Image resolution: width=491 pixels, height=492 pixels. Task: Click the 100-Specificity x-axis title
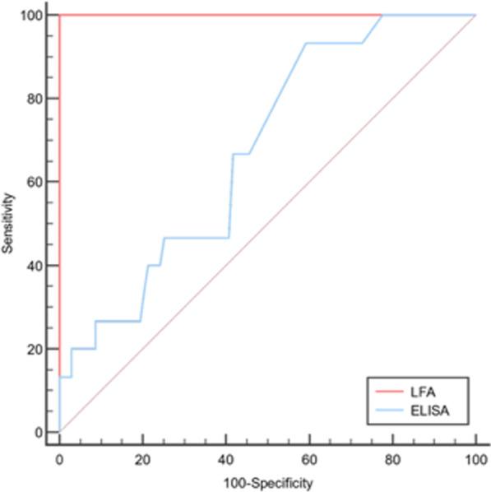[x=267, y=482]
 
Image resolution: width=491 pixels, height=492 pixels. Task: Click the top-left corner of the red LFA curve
[x=60, y=15]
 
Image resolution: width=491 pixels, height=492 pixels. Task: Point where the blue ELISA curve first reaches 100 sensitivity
[x=382, y=15]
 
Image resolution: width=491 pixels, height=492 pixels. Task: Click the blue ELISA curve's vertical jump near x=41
[x=231, y=196]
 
